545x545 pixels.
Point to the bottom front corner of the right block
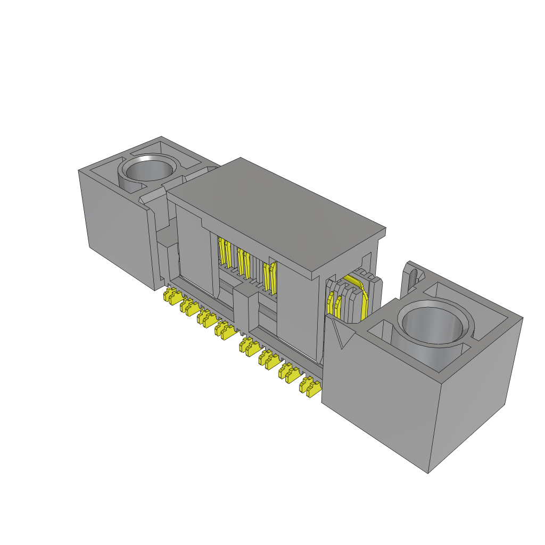[429, 472]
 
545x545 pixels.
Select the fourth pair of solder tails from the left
[225, 331]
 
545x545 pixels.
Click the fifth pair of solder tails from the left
[249, 346]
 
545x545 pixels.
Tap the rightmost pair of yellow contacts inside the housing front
[270, 277]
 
